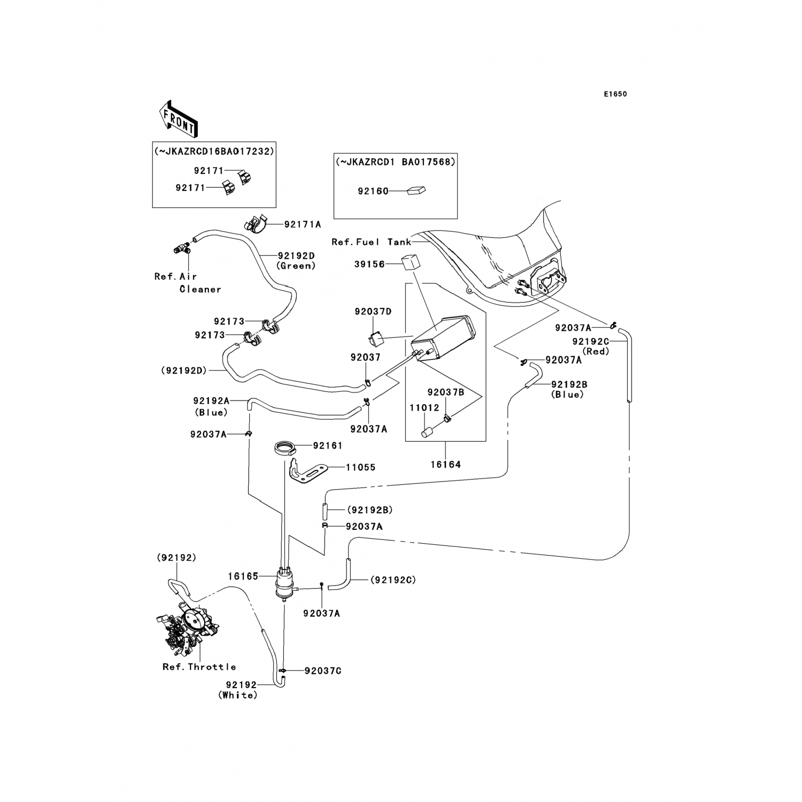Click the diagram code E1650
pyautogui.click(x=615, y=94)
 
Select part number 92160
pyautogui.click(x=373, y=191)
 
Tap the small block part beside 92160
pyautogui.click(x=415, y=190)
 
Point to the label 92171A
pyautogui.click(x=303, y=225)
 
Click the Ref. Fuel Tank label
pyautogui.click(x=371, y=242)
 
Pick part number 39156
pyautogui.click(x=369, y=264)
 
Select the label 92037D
pyautogui.click(x=373, y=311)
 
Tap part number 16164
pyautogui.click(x=445, y=465)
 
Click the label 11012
pyautogui.click(x=425, y=408)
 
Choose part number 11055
pyautogui.click(x=360, y=467)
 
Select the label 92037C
pyautogui.click(x=322, y=670)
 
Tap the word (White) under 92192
pyautogui.click(x=237, y=695)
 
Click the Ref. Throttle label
pyautogui.click(x=199, y=667)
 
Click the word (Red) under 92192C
pyautogui.click(x=596, y=351)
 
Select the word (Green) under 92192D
pyautogui.click(x=296, y=266)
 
